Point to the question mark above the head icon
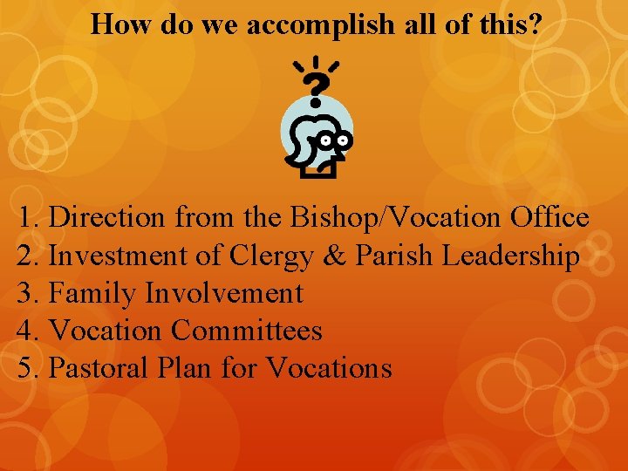[319, 85]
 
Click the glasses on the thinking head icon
[334, 139]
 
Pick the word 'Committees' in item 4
[247, 331]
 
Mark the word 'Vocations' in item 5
[329, 369]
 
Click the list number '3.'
[30, 294]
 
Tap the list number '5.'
[30, 369]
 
